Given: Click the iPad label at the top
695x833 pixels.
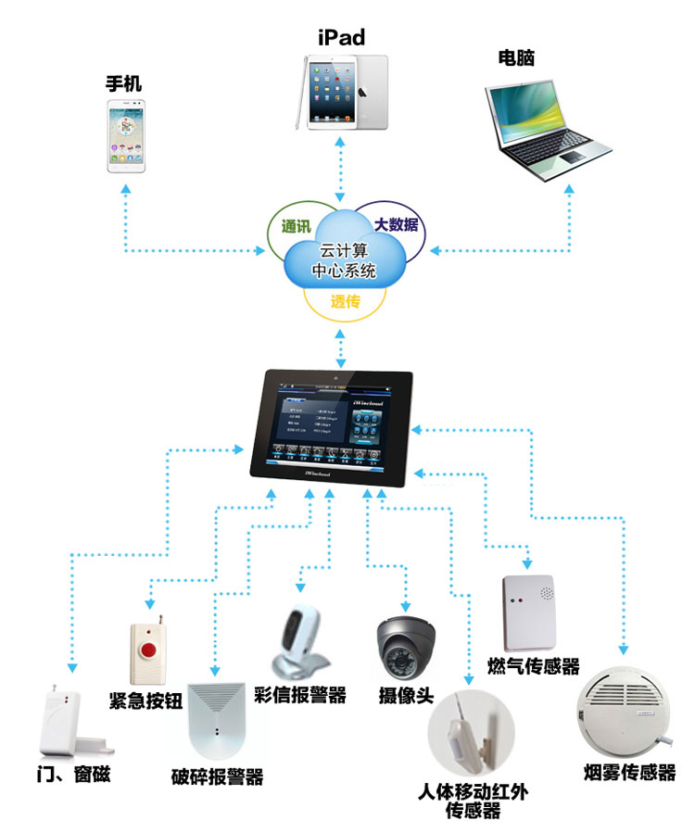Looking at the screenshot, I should coord(341,37).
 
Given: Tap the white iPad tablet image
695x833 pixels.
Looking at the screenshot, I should coord(344,91).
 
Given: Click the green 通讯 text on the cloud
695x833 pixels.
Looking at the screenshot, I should coord(296,226).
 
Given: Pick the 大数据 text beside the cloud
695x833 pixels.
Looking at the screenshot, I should coord(396,224).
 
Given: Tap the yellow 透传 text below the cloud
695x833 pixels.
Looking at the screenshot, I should coord(345,302).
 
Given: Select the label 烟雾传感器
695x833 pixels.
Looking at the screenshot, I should coord(630,772).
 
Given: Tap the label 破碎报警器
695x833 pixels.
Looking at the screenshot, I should coord(218,776).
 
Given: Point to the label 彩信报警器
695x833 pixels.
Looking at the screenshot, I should coord(299,695).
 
